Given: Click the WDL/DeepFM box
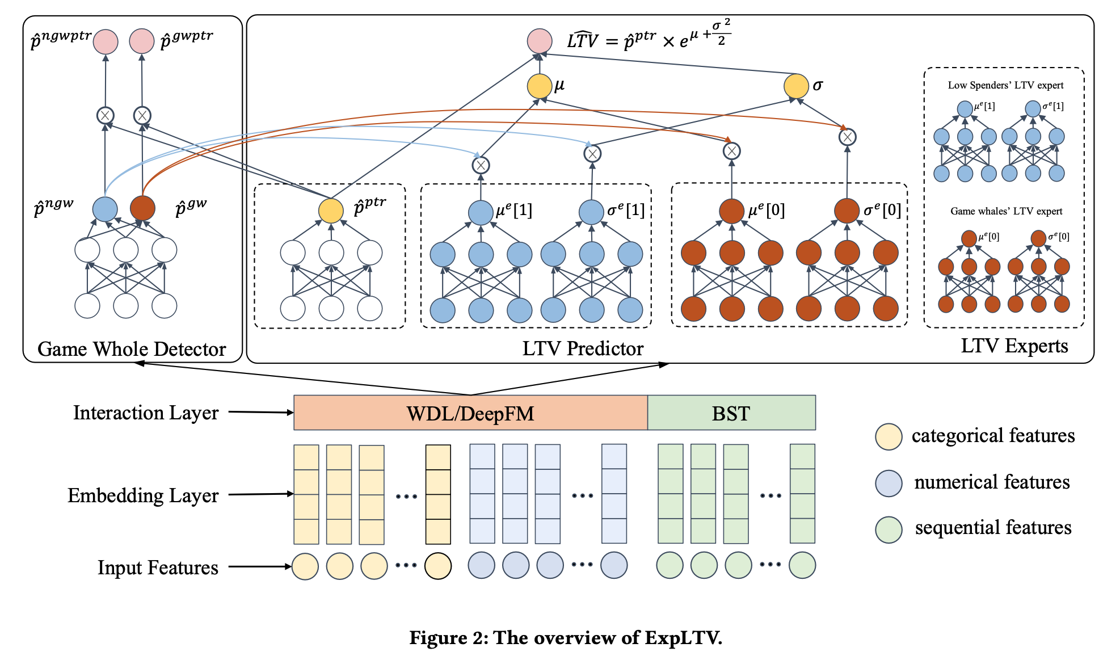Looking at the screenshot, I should point(470,413).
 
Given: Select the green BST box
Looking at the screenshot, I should point(731,413).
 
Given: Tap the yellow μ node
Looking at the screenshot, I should point(540,86).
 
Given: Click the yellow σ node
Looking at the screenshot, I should point(796,86).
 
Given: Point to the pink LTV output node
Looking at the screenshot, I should point(540,41).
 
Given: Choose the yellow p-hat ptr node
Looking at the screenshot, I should point(331,211).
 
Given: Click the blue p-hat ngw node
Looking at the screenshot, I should point(105,209).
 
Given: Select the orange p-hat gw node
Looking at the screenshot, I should point(142,208).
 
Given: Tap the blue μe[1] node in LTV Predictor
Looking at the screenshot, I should point(481,213).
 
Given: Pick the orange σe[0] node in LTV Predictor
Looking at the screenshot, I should point(847,211).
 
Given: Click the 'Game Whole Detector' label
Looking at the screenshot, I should point(132,349).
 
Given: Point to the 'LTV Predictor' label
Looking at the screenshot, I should point(583,348).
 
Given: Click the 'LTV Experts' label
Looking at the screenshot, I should point(1014,346).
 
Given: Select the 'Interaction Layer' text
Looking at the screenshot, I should point(146,413).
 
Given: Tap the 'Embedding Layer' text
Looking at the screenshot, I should point(143,495).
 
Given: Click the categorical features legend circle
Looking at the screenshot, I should point(889,436).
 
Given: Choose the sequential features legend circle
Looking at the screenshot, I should point(889,529).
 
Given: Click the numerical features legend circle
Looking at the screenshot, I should point(889,483).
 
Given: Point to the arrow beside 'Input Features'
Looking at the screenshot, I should point(260,566).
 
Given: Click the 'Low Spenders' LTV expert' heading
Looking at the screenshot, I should point(1005,85).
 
